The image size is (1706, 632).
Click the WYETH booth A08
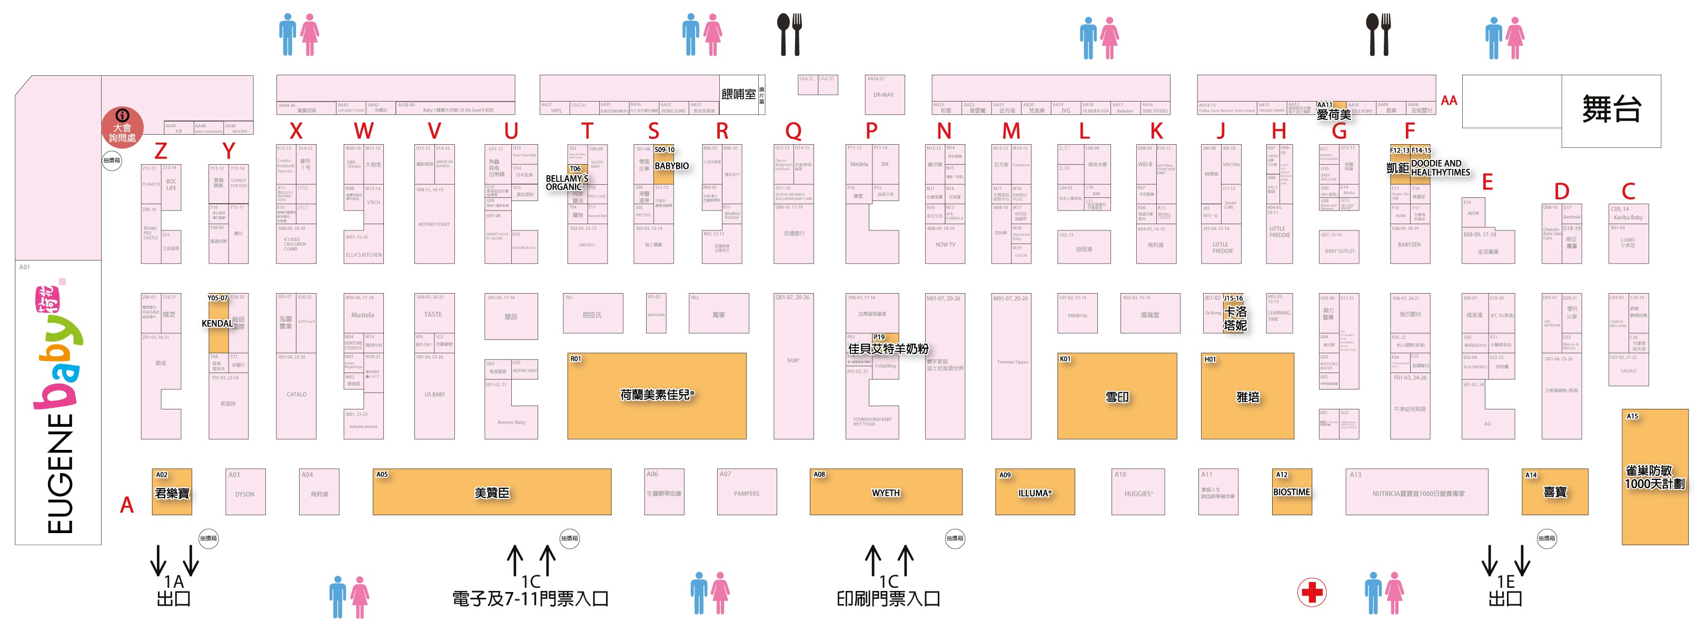point(886,493)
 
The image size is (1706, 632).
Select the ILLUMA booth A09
point(1035,493)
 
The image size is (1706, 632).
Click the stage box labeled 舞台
point(1611,109)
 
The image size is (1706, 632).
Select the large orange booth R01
point(656,395)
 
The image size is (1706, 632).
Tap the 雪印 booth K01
point(1117,396)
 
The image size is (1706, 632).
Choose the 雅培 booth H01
point(1247,396)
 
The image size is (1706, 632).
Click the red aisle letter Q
point(793,132)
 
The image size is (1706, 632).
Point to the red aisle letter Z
point(160,152)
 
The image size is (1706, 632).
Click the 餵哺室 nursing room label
point(738,95)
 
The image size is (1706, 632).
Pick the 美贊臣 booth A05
point(491,493)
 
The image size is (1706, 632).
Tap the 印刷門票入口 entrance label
point(888,598)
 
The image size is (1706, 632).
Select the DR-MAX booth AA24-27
point(884,95)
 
